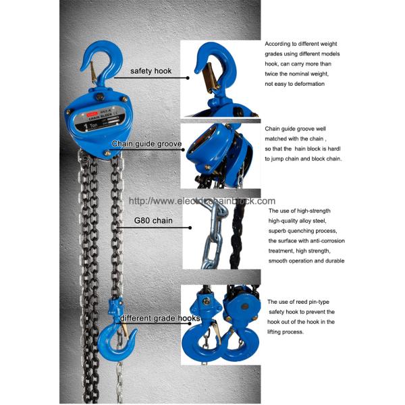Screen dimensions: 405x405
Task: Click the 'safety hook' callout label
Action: (x=151, y=71)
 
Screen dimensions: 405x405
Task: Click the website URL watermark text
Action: (x=202, y=201)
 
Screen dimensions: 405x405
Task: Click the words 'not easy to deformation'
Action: (x=295, y=84)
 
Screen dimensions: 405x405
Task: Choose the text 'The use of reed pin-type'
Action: (x=301, y=302)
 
